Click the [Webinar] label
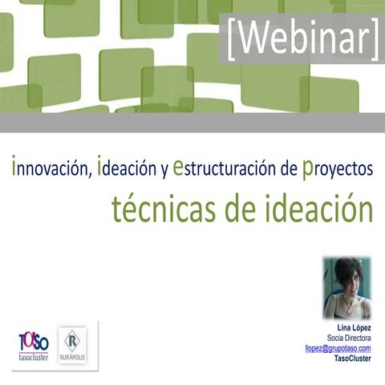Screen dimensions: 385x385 [x=302, y=38]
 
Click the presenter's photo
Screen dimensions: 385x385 [x=346, y=288]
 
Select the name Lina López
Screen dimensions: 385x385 [x=354, y=329]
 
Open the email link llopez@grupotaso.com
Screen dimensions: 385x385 [x=338, y=348]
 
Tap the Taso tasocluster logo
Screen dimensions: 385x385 [x=34, y=346]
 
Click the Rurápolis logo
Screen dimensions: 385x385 [x=74, y=346]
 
